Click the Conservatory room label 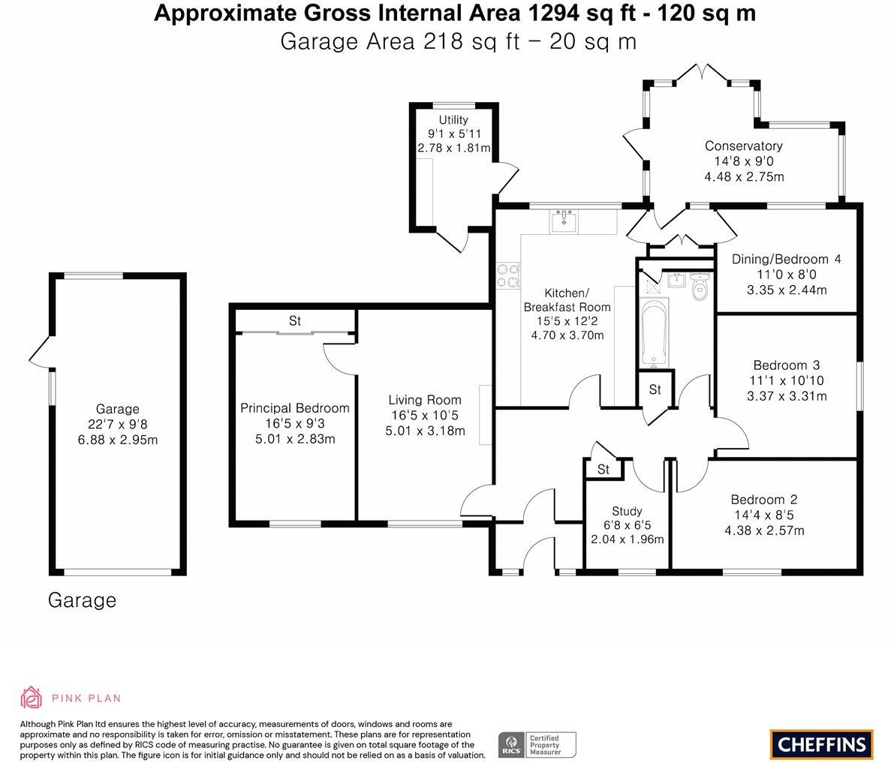pos(743,146)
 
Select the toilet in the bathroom pos(699,286)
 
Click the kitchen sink pos(564,221)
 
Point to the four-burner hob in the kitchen pos(509,276)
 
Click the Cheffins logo pos(822,744)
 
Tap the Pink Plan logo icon pos(31,698)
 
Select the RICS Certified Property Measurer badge pos(537,745)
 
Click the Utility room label pos(453,119)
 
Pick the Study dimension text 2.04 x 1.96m pos(628,539)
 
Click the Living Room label pos(425,400)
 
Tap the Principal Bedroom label pos(295,408)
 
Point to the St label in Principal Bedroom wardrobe pos(295,321)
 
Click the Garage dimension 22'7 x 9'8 pos(117,424)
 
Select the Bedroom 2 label pos(764,500)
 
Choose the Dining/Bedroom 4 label pos(786,260)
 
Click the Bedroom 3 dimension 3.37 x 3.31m pos(787,396)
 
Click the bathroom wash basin pos(677,281)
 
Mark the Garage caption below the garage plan pos(82,600)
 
